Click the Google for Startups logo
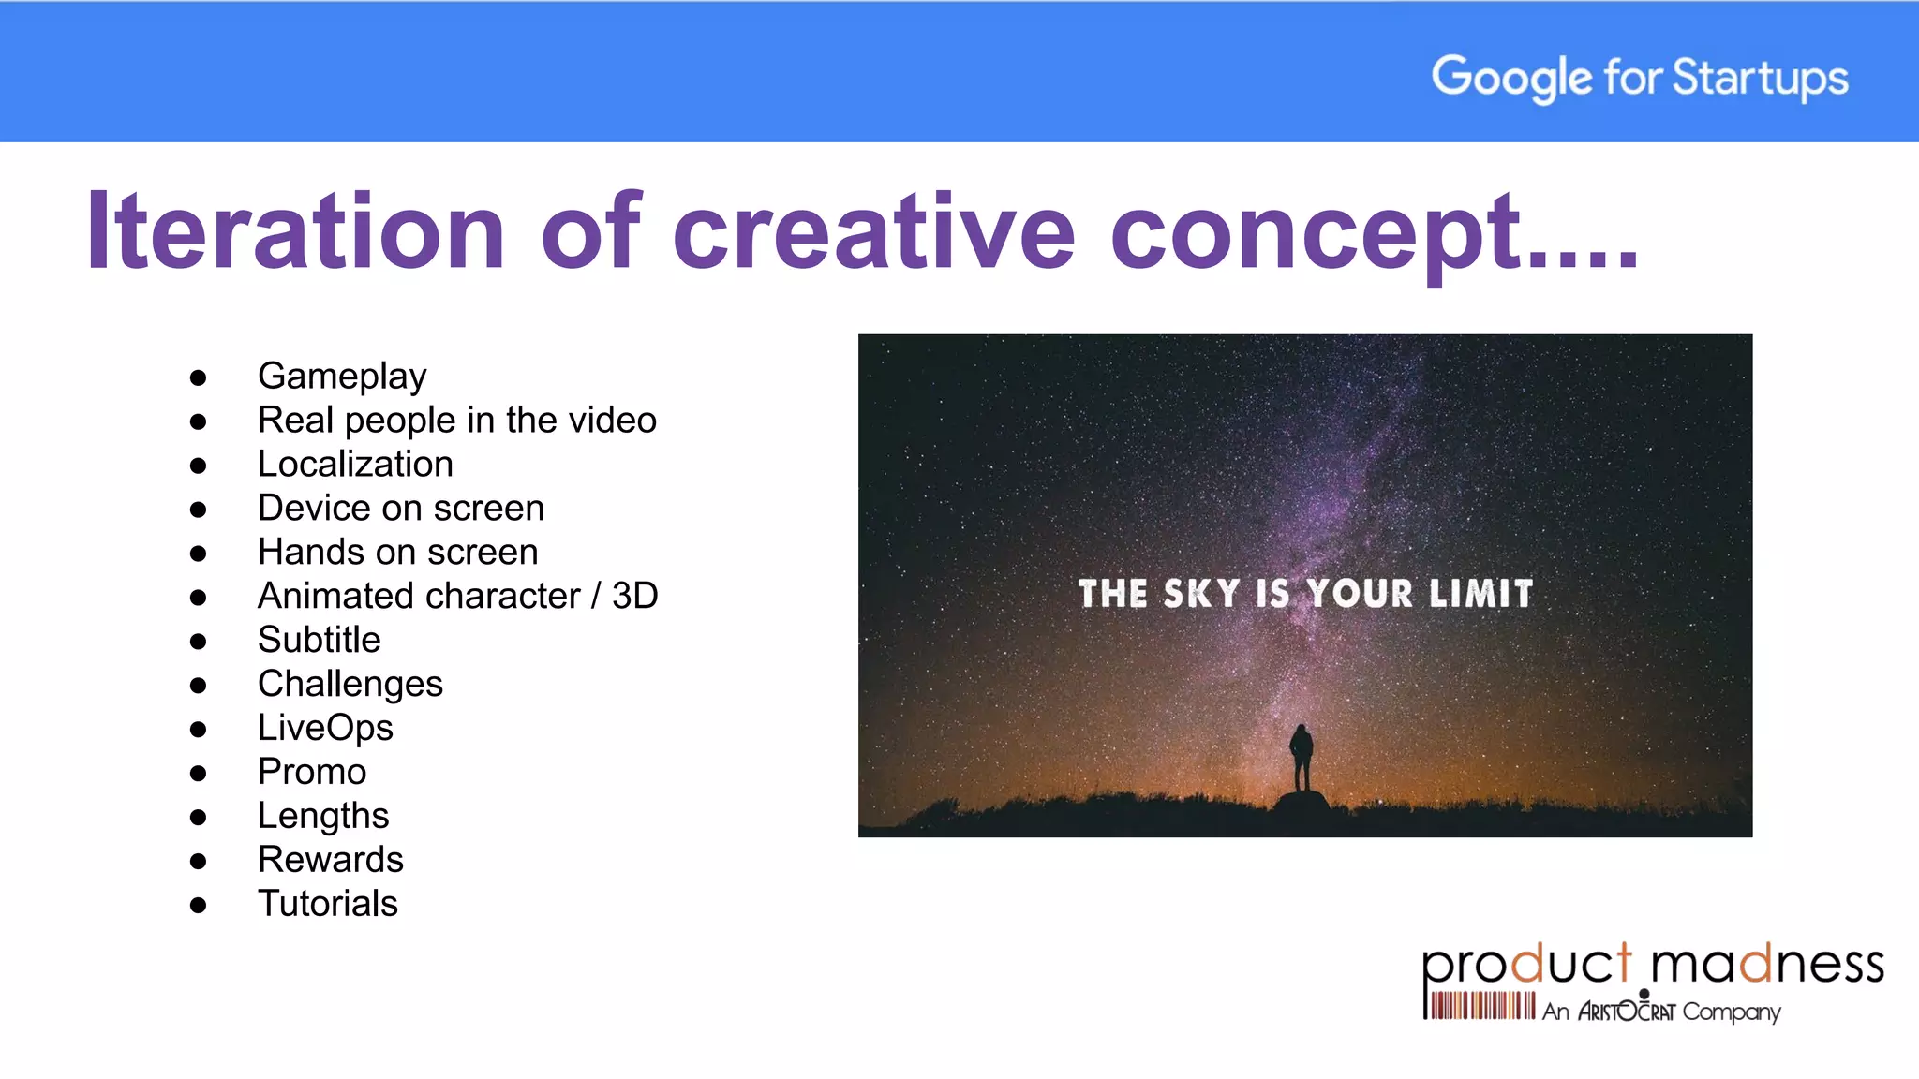1639,77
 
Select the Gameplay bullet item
342,376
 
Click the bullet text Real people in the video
456,420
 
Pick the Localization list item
355,464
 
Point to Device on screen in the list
400,508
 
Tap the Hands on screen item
397,552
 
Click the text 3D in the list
634,596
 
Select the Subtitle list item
319,640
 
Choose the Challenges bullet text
350,684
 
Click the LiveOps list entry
325,728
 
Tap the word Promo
312,772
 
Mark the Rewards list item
330,860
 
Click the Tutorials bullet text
327,904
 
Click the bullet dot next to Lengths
198,818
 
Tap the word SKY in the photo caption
1200,594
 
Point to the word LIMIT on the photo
1480,594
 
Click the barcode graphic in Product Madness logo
1479,1006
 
